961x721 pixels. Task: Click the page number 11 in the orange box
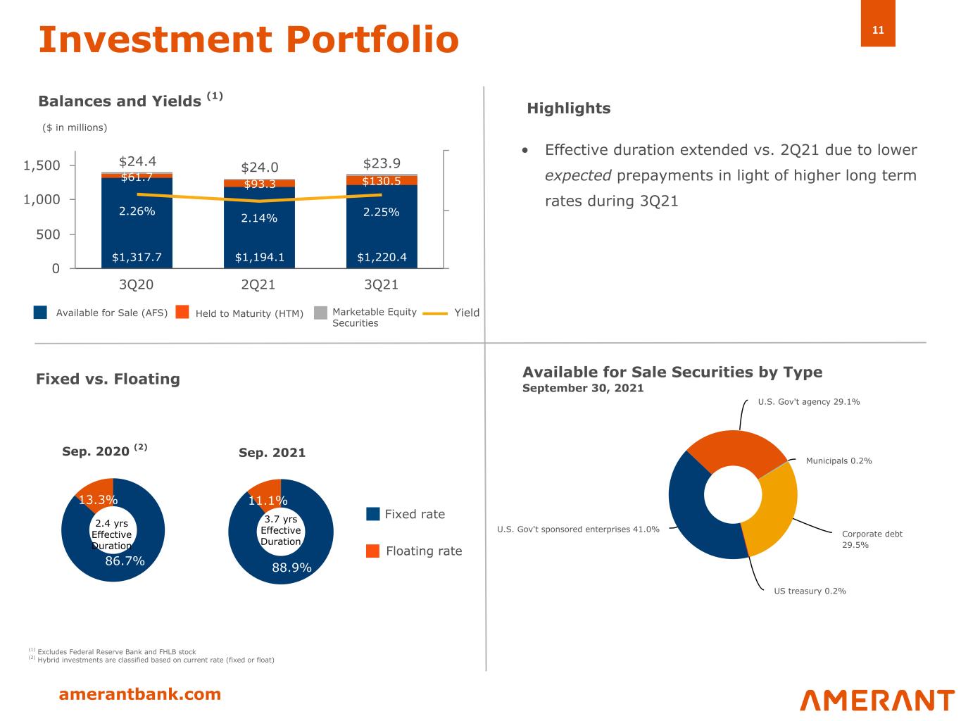click(x=877, y=30)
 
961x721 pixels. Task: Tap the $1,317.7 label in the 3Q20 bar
click(x=137, y=257)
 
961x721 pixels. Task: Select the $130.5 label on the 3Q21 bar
click(x=381, y=181)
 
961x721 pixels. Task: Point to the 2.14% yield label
click(x=259, y=218)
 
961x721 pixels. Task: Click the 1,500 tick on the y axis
click(x=42, y=165)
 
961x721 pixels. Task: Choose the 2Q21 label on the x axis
click(x=258, y=284)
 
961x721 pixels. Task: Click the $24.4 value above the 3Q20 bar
click(x=137, y=161)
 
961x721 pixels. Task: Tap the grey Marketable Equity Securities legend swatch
click(x=320, y=313)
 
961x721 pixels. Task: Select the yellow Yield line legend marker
click(x=435, y=313)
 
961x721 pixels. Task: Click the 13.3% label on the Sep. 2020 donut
click(x=98, y=499)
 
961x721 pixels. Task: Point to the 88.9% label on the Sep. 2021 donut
click(x=291, y=568)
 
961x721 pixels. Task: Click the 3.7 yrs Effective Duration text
click(x=281, y=530)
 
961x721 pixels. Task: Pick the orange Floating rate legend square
click(x=372, y=551)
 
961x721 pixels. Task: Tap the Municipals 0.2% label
click(x=838, y=460)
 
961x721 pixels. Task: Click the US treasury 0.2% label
click(x=810, y=591)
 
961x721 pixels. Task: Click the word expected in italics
click(x=577, y=175)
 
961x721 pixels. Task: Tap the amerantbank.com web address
click(x=139, y=694)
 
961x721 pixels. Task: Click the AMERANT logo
click(x=877, y=700)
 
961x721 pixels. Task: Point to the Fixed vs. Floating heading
click(x=108, y=379)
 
